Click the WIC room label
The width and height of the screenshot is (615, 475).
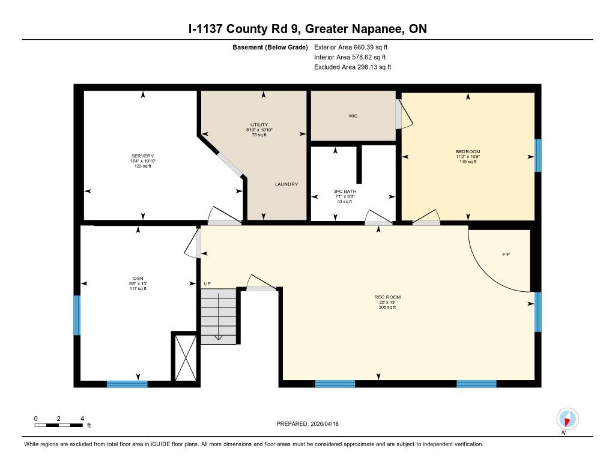click(x=353, y=116)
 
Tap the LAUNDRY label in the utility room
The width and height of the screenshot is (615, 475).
click(x=286, y=184)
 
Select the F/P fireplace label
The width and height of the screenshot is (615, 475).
click(x=506, y=254)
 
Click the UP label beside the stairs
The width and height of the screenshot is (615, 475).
click(x=207, y=283)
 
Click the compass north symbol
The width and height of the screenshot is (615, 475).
click(x=567, y=419)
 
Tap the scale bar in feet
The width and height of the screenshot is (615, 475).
click(x=58, y=425)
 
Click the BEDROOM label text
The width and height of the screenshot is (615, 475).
click(x=468, y=152)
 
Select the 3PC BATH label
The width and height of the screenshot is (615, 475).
click(x=345, y=192)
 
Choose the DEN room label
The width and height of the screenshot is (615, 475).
click(x=138, y=279)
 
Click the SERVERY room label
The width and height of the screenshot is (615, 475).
click(x=142, y=156)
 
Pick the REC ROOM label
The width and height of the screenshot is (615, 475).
click(x=387, y=297)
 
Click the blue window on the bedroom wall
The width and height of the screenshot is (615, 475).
click(x=538, y=156)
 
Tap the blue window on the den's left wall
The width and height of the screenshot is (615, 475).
click(x=77, y=315)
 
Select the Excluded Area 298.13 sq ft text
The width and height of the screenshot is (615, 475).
click(x=353, y=67)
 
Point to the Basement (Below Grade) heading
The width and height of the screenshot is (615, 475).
click(x=270, y=47)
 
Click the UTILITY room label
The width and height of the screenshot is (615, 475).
click(x=259, y=125)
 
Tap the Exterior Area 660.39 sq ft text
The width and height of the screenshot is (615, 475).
click(x=351, y=47)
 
